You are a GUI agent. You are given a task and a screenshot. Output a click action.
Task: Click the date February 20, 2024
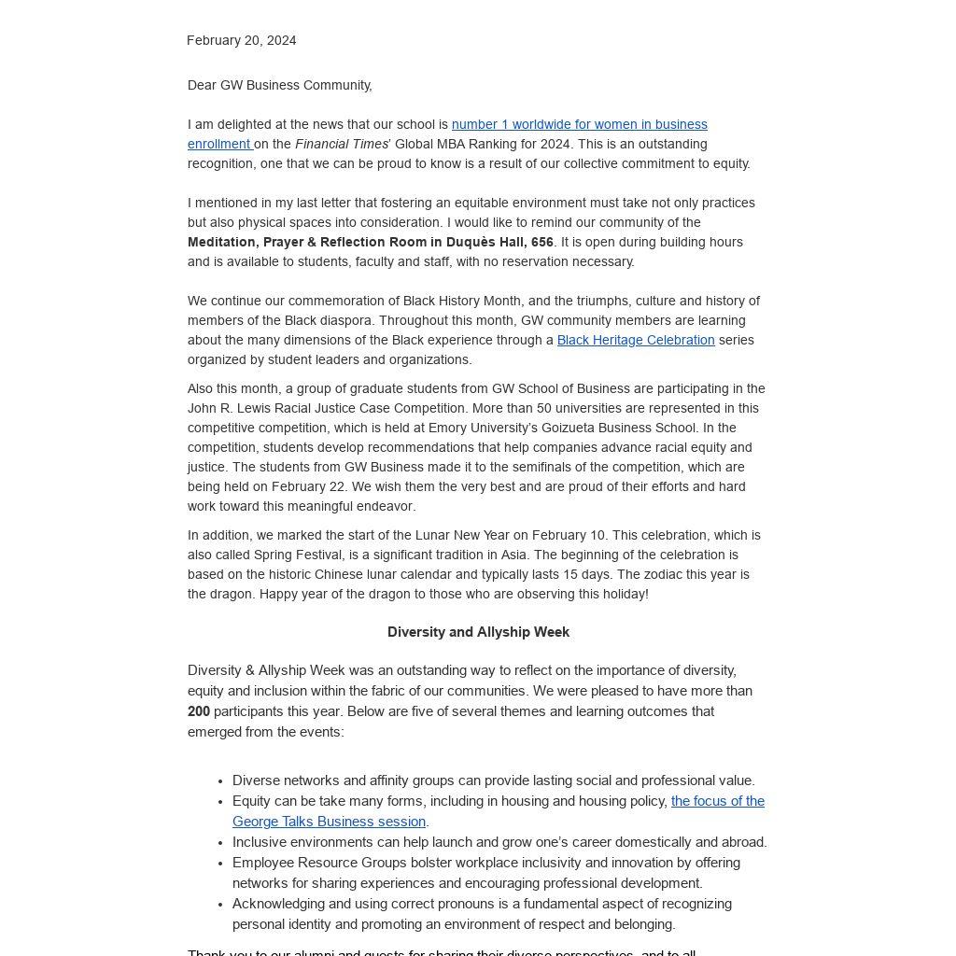(x=241, y=40)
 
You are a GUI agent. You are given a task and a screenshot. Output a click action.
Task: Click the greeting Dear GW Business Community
(x=279, y=85)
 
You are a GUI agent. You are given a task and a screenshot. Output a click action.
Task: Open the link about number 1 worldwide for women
(x=579, y=124)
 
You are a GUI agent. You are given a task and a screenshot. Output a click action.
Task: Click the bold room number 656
(x=542, y=242)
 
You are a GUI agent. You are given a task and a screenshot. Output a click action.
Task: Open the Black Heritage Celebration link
(x=636, y=340)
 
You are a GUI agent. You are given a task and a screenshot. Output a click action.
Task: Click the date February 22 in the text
(x=313, y=486)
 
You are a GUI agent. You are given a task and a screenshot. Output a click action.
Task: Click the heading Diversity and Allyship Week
(x=478, y=632)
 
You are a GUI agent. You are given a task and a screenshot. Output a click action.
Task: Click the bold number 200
(x=199, y=711)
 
